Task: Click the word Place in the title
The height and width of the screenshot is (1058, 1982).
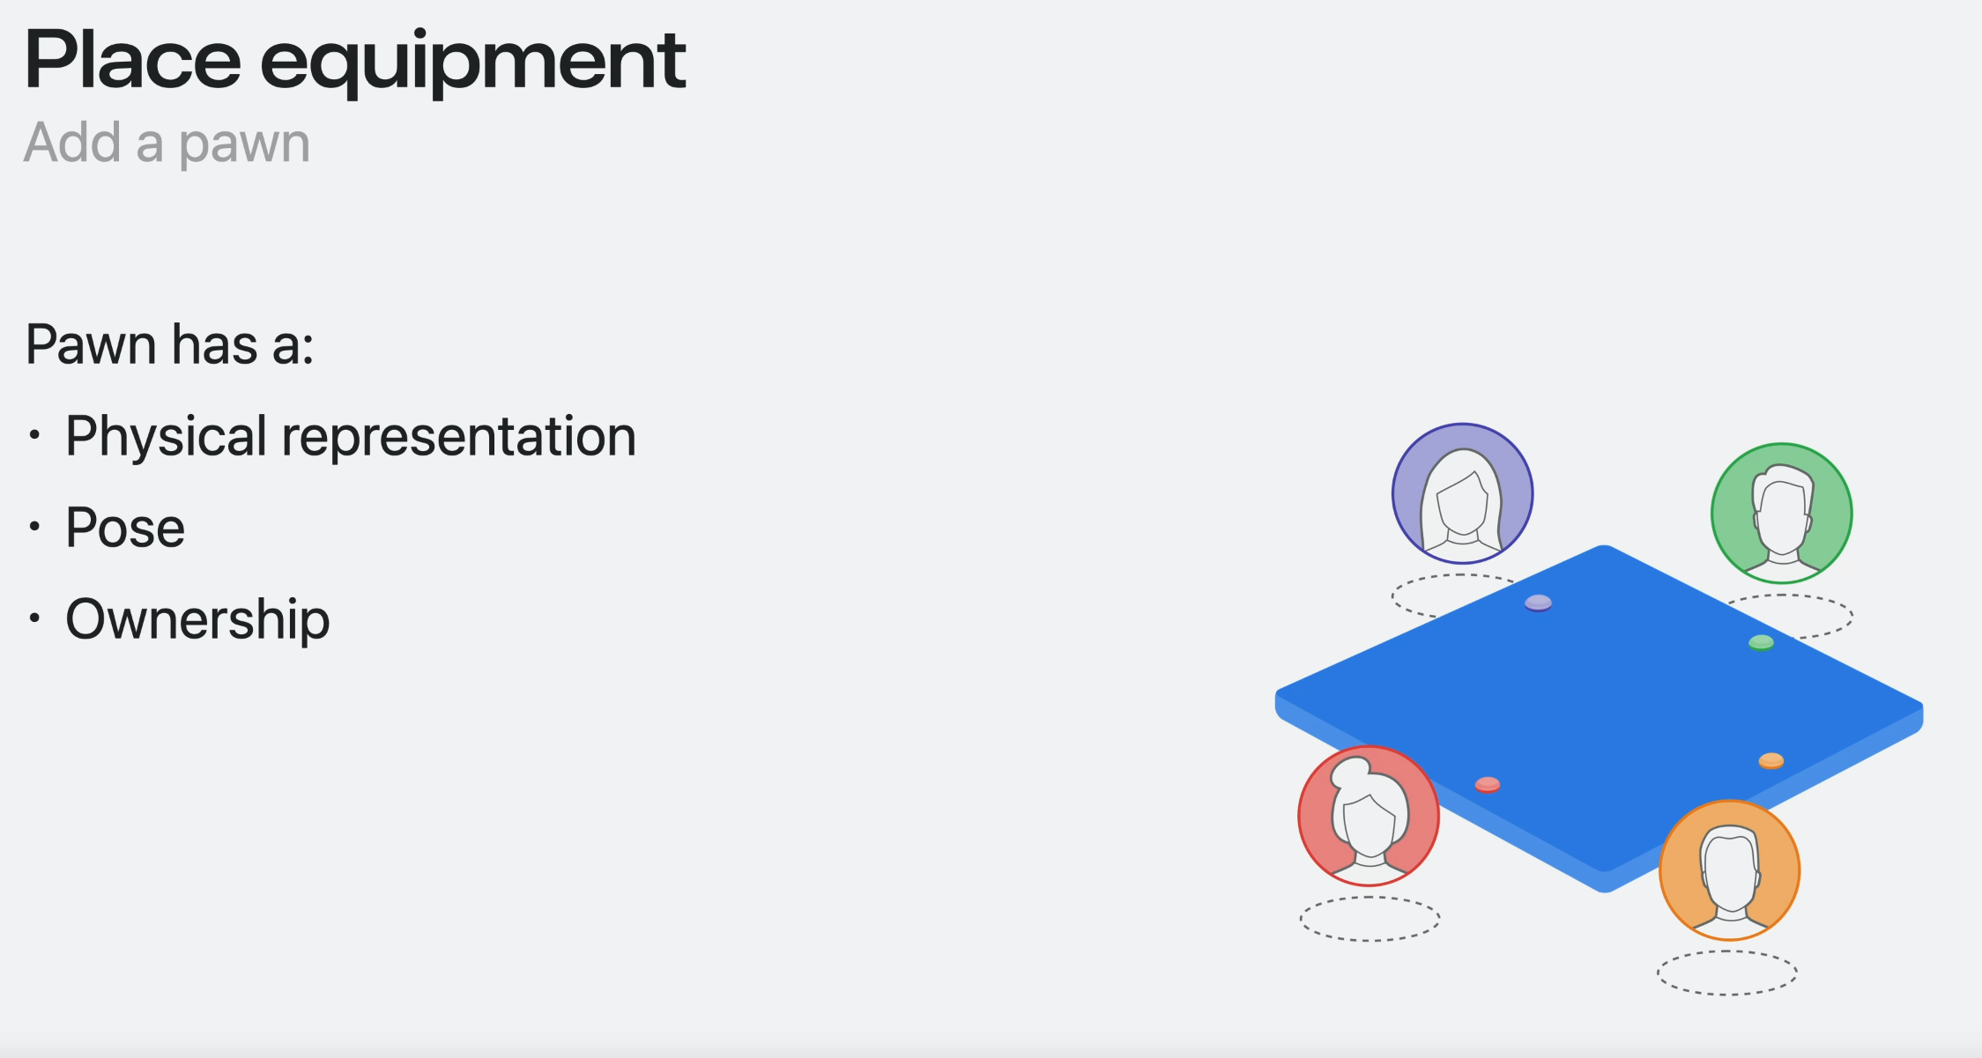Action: pos(133,59)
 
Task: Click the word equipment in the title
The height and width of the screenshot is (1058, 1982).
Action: pos(472,64)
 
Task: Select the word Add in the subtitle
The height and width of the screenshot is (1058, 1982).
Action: pos(72,142)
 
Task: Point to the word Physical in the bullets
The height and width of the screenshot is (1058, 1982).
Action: pos(166,437)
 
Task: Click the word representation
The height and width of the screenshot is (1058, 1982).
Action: pos(458,437)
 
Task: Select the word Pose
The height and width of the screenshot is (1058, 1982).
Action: pos(125,528)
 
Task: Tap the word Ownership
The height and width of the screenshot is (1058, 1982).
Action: pos(197,620)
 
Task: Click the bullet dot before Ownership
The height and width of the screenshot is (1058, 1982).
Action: pos(34,618)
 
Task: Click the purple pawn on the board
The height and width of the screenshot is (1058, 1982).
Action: pos(1538,603)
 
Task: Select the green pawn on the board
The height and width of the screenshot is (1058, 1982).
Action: pos(1761,642)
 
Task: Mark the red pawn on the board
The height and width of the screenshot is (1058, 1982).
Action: pos(1488,785)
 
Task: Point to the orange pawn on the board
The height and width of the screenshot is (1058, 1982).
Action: pos(1771,761)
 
